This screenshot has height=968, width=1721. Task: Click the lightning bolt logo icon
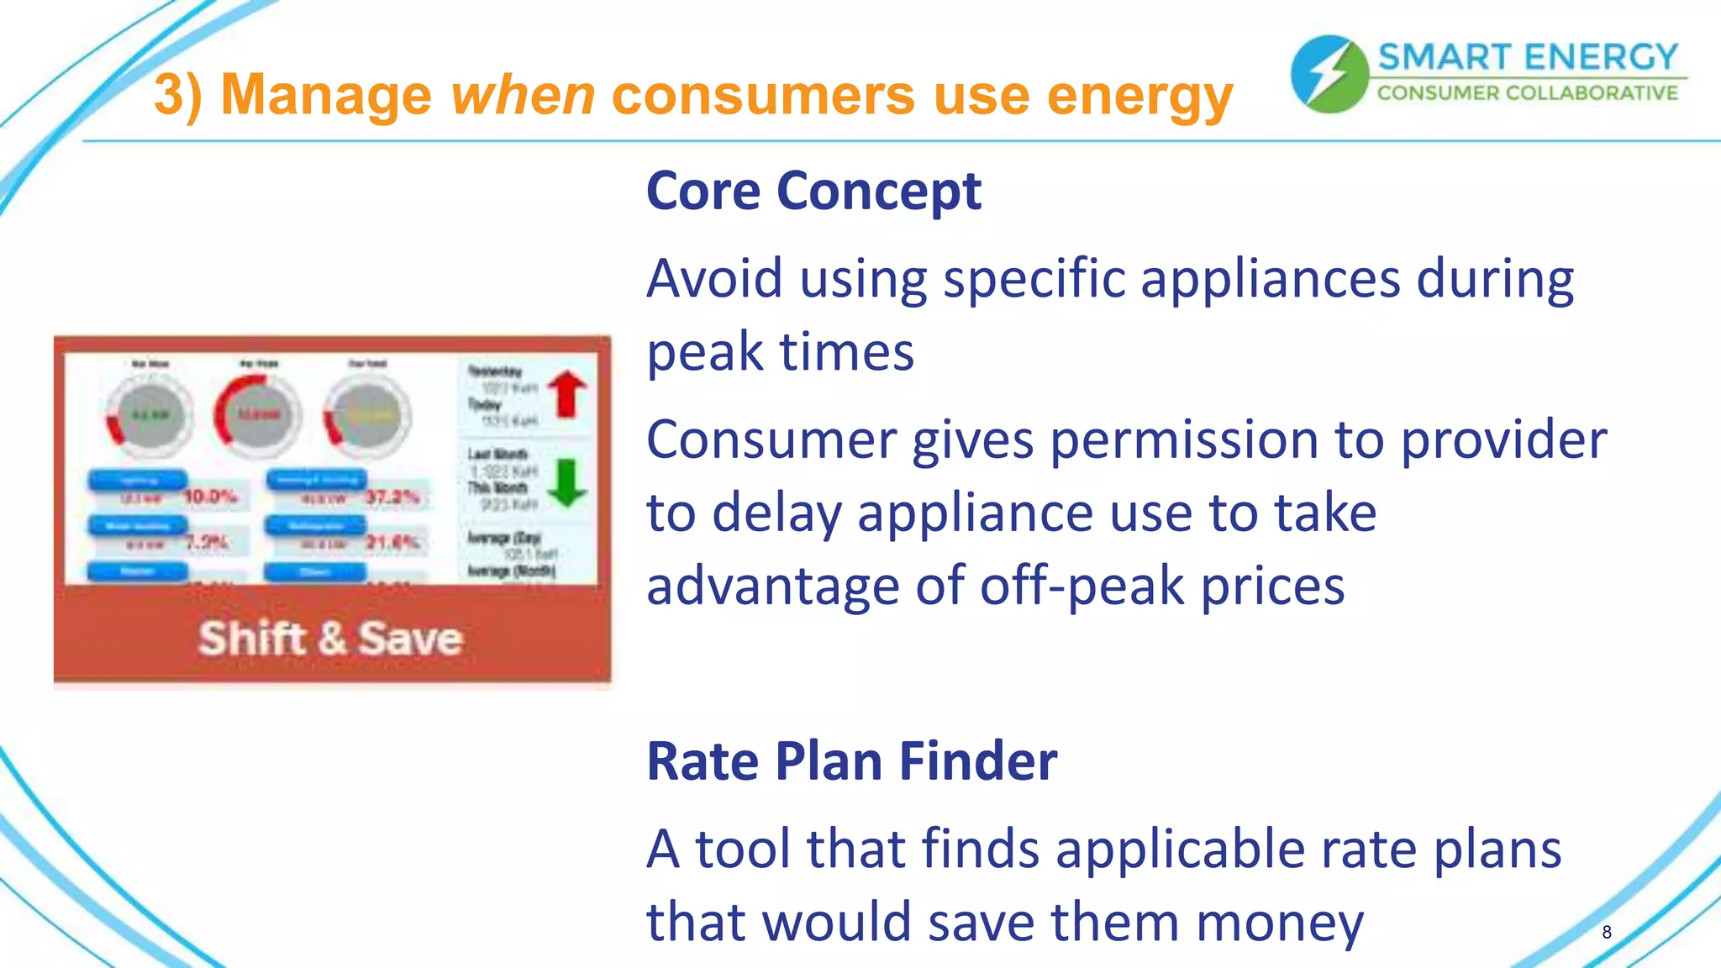click(1329, 74)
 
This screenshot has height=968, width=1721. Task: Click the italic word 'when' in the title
click(523, 94)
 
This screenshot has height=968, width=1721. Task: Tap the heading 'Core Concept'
click(813, 191)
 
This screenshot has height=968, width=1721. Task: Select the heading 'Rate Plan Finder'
click(851, 760)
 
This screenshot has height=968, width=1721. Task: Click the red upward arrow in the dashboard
click(568, 393)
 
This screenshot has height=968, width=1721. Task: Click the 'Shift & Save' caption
click(330, 638)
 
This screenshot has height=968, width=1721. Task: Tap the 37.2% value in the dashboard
click(392, 497)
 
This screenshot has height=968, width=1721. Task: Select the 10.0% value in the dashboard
click(210, 497)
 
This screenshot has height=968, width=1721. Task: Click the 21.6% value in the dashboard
click(392, 542)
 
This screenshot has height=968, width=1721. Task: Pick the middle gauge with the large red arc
click(258, 415)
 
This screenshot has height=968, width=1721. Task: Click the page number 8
click(1606, 932)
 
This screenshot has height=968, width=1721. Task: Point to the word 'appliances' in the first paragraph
click(1271, 279)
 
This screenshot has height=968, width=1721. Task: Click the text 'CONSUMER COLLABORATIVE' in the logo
click(1527, 93)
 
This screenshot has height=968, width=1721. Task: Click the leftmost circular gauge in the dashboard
click(150, 415)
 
